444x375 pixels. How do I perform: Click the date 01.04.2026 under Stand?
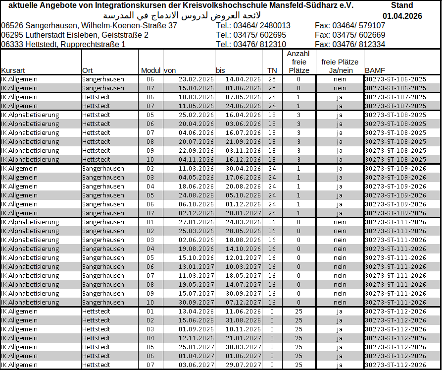(402, 16)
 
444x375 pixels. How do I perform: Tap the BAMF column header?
(372, 70)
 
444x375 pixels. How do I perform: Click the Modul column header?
(150, 70)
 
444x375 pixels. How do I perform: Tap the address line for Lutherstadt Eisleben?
(75, 35)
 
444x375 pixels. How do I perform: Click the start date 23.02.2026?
(196, 79)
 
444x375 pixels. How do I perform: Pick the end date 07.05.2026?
(243, 97)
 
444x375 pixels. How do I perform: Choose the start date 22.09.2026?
(196, 150)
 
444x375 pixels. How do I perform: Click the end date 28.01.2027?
(243, 213)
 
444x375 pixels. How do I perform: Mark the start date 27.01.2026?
(196, 222)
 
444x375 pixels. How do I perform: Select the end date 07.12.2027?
(243, 302)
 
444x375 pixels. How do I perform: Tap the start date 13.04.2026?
(196, 311)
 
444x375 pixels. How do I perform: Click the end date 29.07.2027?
(243, 365)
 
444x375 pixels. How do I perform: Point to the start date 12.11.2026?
(196, 338)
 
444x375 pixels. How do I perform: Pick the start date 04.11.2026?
(196, 159)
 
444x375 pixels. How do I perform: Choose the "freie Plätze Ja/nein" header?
(340, 66)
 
